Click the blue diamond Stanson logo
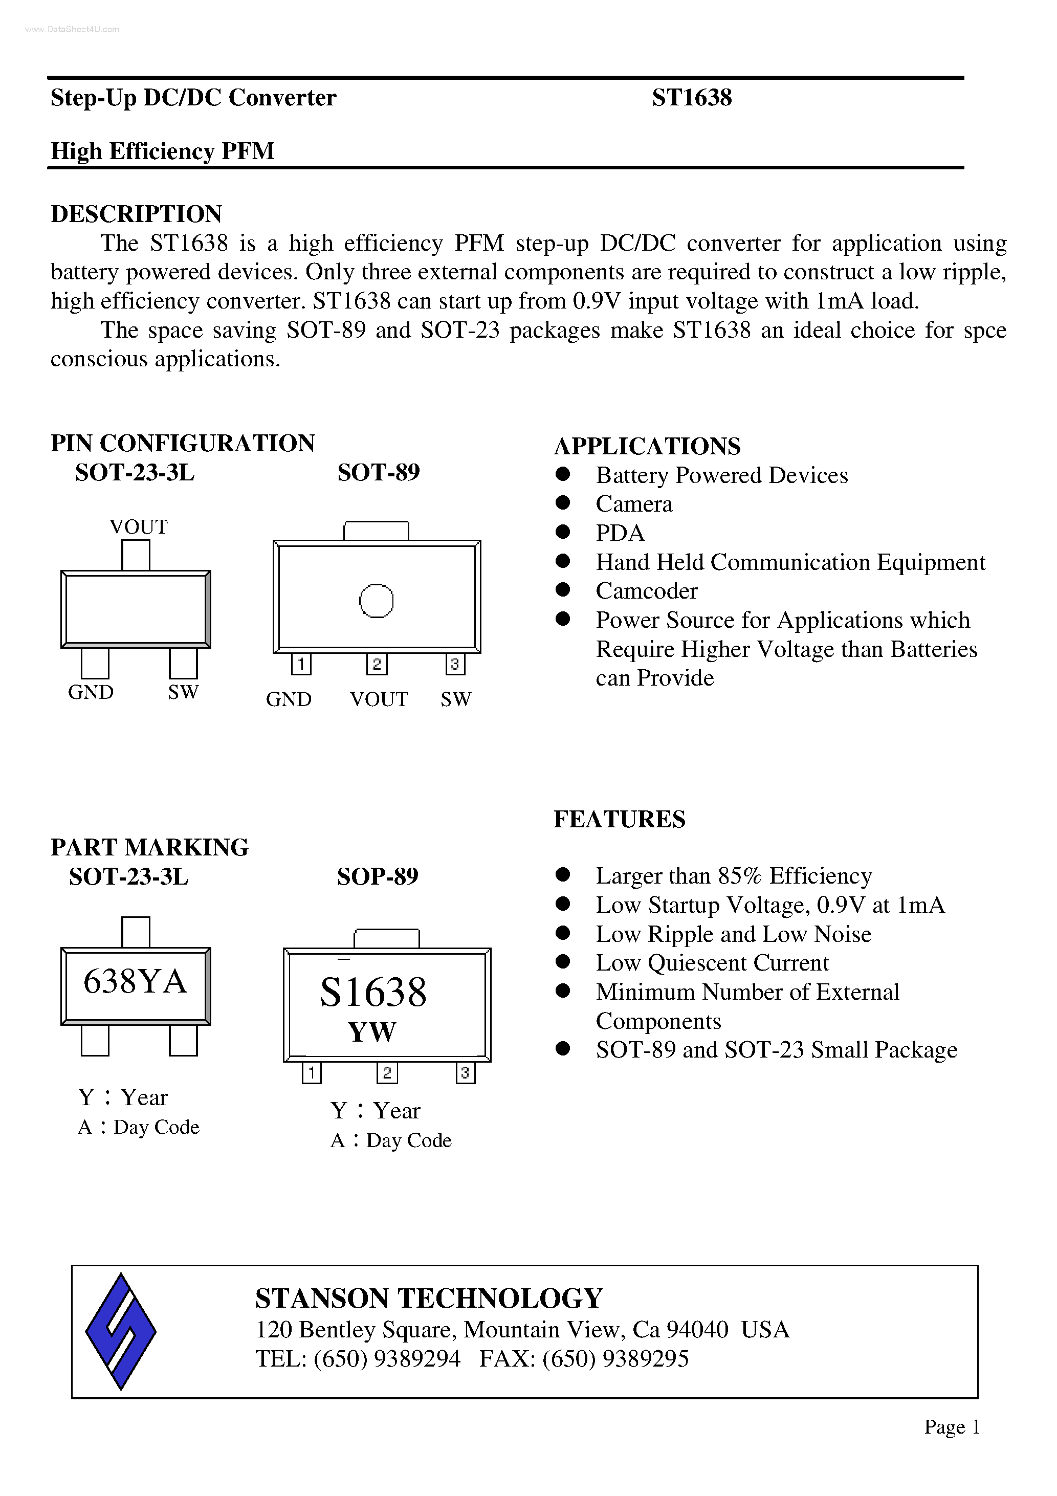[x=121, y=1331]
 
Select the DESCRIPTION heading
[x=136, y=214]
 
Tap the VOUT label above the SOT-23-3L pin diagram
[x=138, y=526]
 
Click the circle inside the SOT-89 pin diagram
[x=376, y=600]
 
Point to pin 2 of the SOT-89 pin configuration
[x=377, y=664]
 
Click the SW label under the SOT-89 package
[x=455, y=699]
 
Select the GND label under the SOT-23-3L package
[x=91, y=692]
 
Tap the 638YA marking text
[x=135, y=981]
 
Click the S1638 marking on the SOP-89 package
[x=373, y=993]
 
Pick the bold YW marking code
[x=372, y=1031]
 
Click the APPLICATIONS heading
[x=647, y=446]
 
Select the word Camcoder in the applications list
[x=647, y=591]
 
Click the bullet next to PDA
[x=563, y=532]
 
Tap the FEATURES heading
[x=619, y=819]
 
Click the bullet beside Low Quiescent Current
[x=563, y=962]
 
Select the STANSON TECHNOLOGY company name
[x=429, y=1298]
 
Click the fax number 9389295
[x=645, y=1358]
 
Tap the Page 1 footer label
[x=952, y=1427]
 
